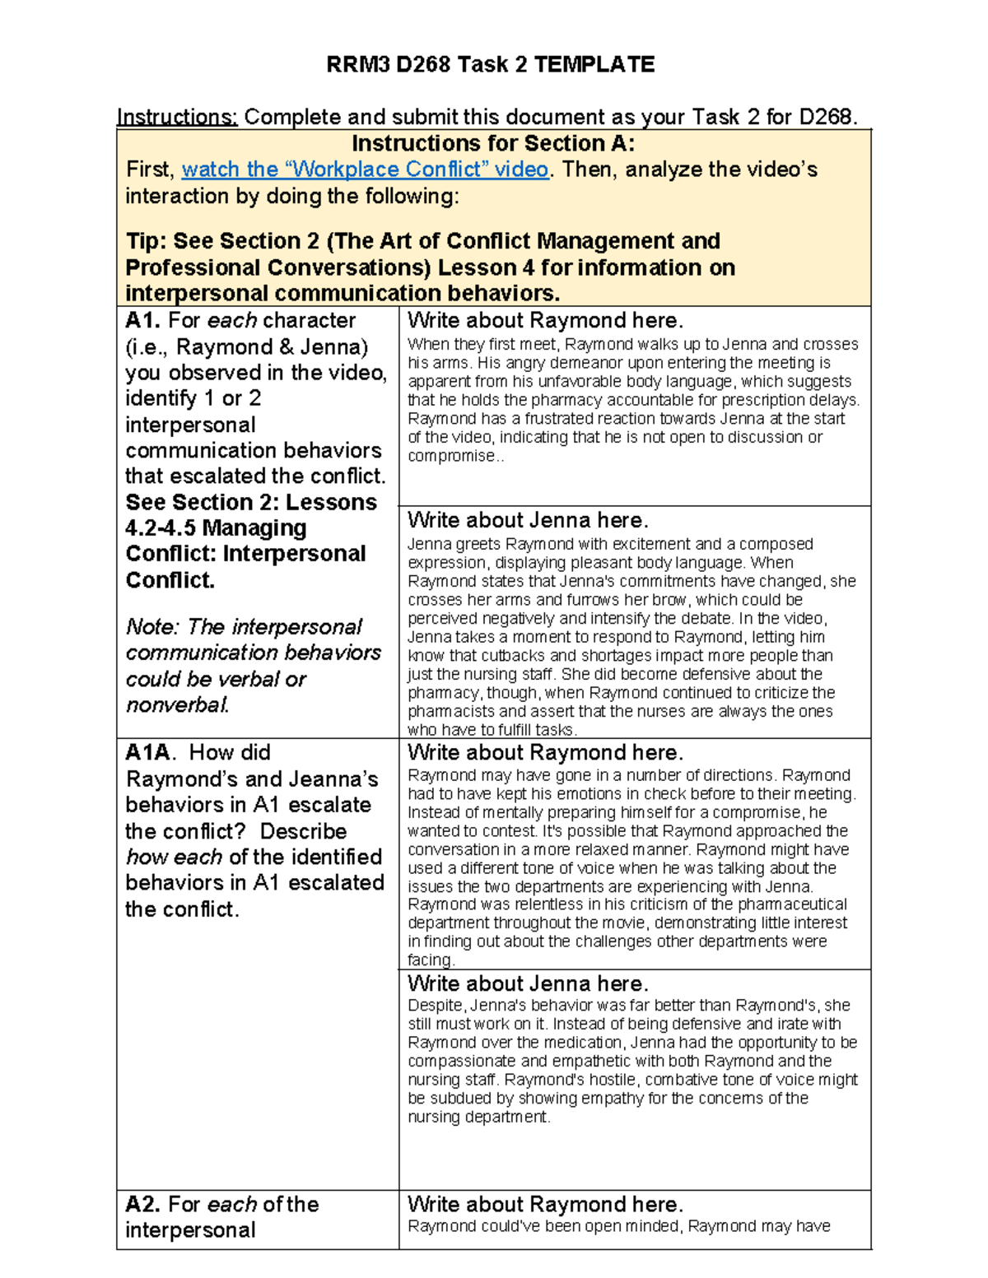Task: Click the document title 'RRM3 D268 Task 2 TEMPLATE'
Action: coord(491,64)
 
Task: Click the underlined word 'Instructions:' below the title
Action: coord(177,117)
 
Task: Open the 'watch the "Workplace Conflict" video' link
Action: coord(365,170)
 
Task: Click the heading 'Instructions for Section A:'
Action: coord(493,143)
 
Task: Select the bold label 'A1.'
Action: coord(143,320)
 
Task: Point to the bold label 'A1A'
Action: coord(148,752)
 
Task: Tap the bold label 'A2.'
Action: coord(143,1205)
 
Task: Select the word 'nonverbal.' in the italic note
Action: coord(178,705)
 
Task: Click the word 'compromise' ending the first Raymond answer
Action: coord(452,456)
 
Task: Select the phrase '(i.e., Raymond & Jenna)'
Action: coord(247,346)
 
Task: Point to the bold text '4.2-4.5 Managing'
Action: coord(216,527)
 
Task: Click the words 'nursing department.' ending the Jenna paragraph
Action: coord(478,1117)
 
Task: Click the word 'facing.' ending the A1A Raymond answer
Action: coord(431,960)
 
